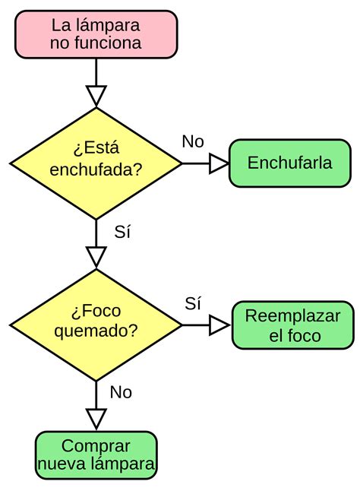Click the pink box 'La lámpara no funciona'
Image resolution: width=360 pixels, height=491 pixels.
[x=96, y=34]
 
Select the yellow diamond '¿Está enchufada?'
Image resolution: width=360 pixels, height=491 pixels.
[x=96, y=163]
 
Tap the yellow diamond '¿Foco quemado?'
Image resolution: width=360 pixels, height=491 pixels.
[x=96, y=325]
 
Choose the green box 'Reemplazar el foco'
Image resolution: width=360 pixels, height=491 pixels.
[x=292, y=325]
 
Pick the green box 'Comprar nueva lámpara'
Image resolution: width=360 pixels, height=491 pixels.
[x=96, y=455]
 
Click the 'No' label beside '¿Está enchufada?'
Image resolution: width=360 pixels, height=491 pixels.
[x=193, y=142]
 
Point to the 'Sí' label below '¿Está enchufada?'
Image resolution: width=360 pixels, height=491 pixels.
[x=122, y=233]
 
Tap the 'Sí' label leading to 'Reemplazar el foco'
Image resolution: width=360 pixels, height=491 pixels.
[x=193, y=303]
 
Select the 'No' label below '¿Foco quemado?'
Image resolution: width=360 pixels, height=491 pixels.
[x=121, y=392]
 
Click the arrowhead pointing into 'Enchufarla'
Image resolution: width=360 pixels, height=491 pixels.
[x=219, y=163]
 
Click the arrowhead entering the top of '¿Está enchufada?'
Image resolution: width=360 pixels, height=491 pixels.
[x=96, y=96]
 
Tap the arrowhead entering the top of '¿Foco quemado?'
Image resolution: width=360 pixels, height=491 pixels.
[x=96, y=257]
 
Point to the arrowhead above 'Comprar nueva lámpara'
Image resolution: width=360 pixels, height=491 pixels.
[x=96, y=418]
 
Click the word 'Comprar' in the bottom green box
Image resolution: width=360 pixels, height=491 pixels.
[x=96, y=446]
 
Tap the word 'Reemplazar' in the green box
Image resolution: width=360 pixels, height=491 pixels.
[x=292, y=316]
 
